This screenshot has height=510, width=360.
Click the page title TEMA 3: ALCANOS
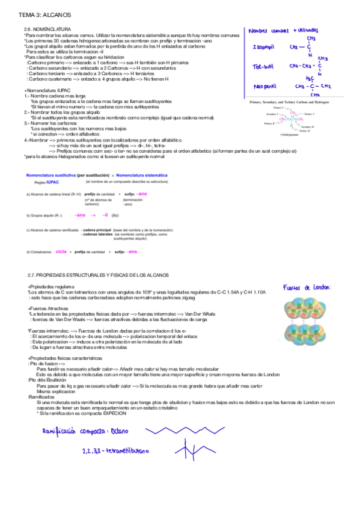coord(38,13)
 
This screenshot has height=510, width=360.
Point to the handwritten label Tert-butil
coord(264,66)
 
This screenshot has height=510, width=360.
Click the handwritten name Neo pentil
coord(264,86)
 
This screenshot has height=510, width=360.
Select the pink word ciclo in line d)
coord(61,251)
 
